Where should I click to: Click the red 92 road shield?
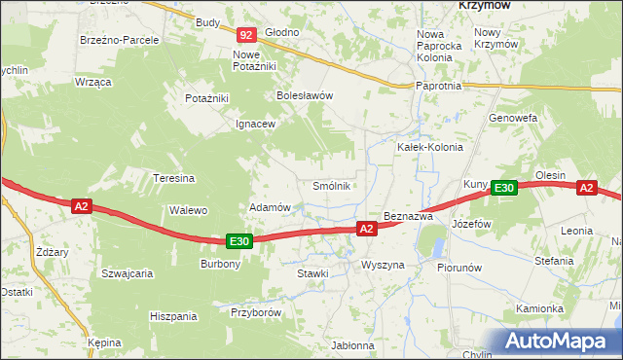click(246, 35)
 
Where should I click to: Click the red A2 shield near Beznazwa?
click(366, 229)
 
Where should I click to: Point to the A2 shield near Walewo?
click(81, 205)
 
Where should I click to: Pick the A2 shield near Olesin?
click(586, 189)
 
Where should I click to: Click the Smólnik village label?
click(330, 186)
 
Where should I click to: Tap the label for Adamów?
click(271, 208)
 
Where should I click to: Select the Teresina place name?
click(175, 178)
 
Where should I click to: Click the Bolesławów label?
click(306, 96)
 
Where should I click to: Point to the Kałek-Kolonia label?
click(429, 147)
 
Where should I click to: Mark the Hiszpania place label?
click(174, 316)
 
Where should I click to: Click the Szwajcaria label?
click(128, 273)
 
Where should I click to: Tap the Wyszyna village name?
click(382, 265)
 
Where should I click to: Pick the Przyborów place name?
click(256, 312)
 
